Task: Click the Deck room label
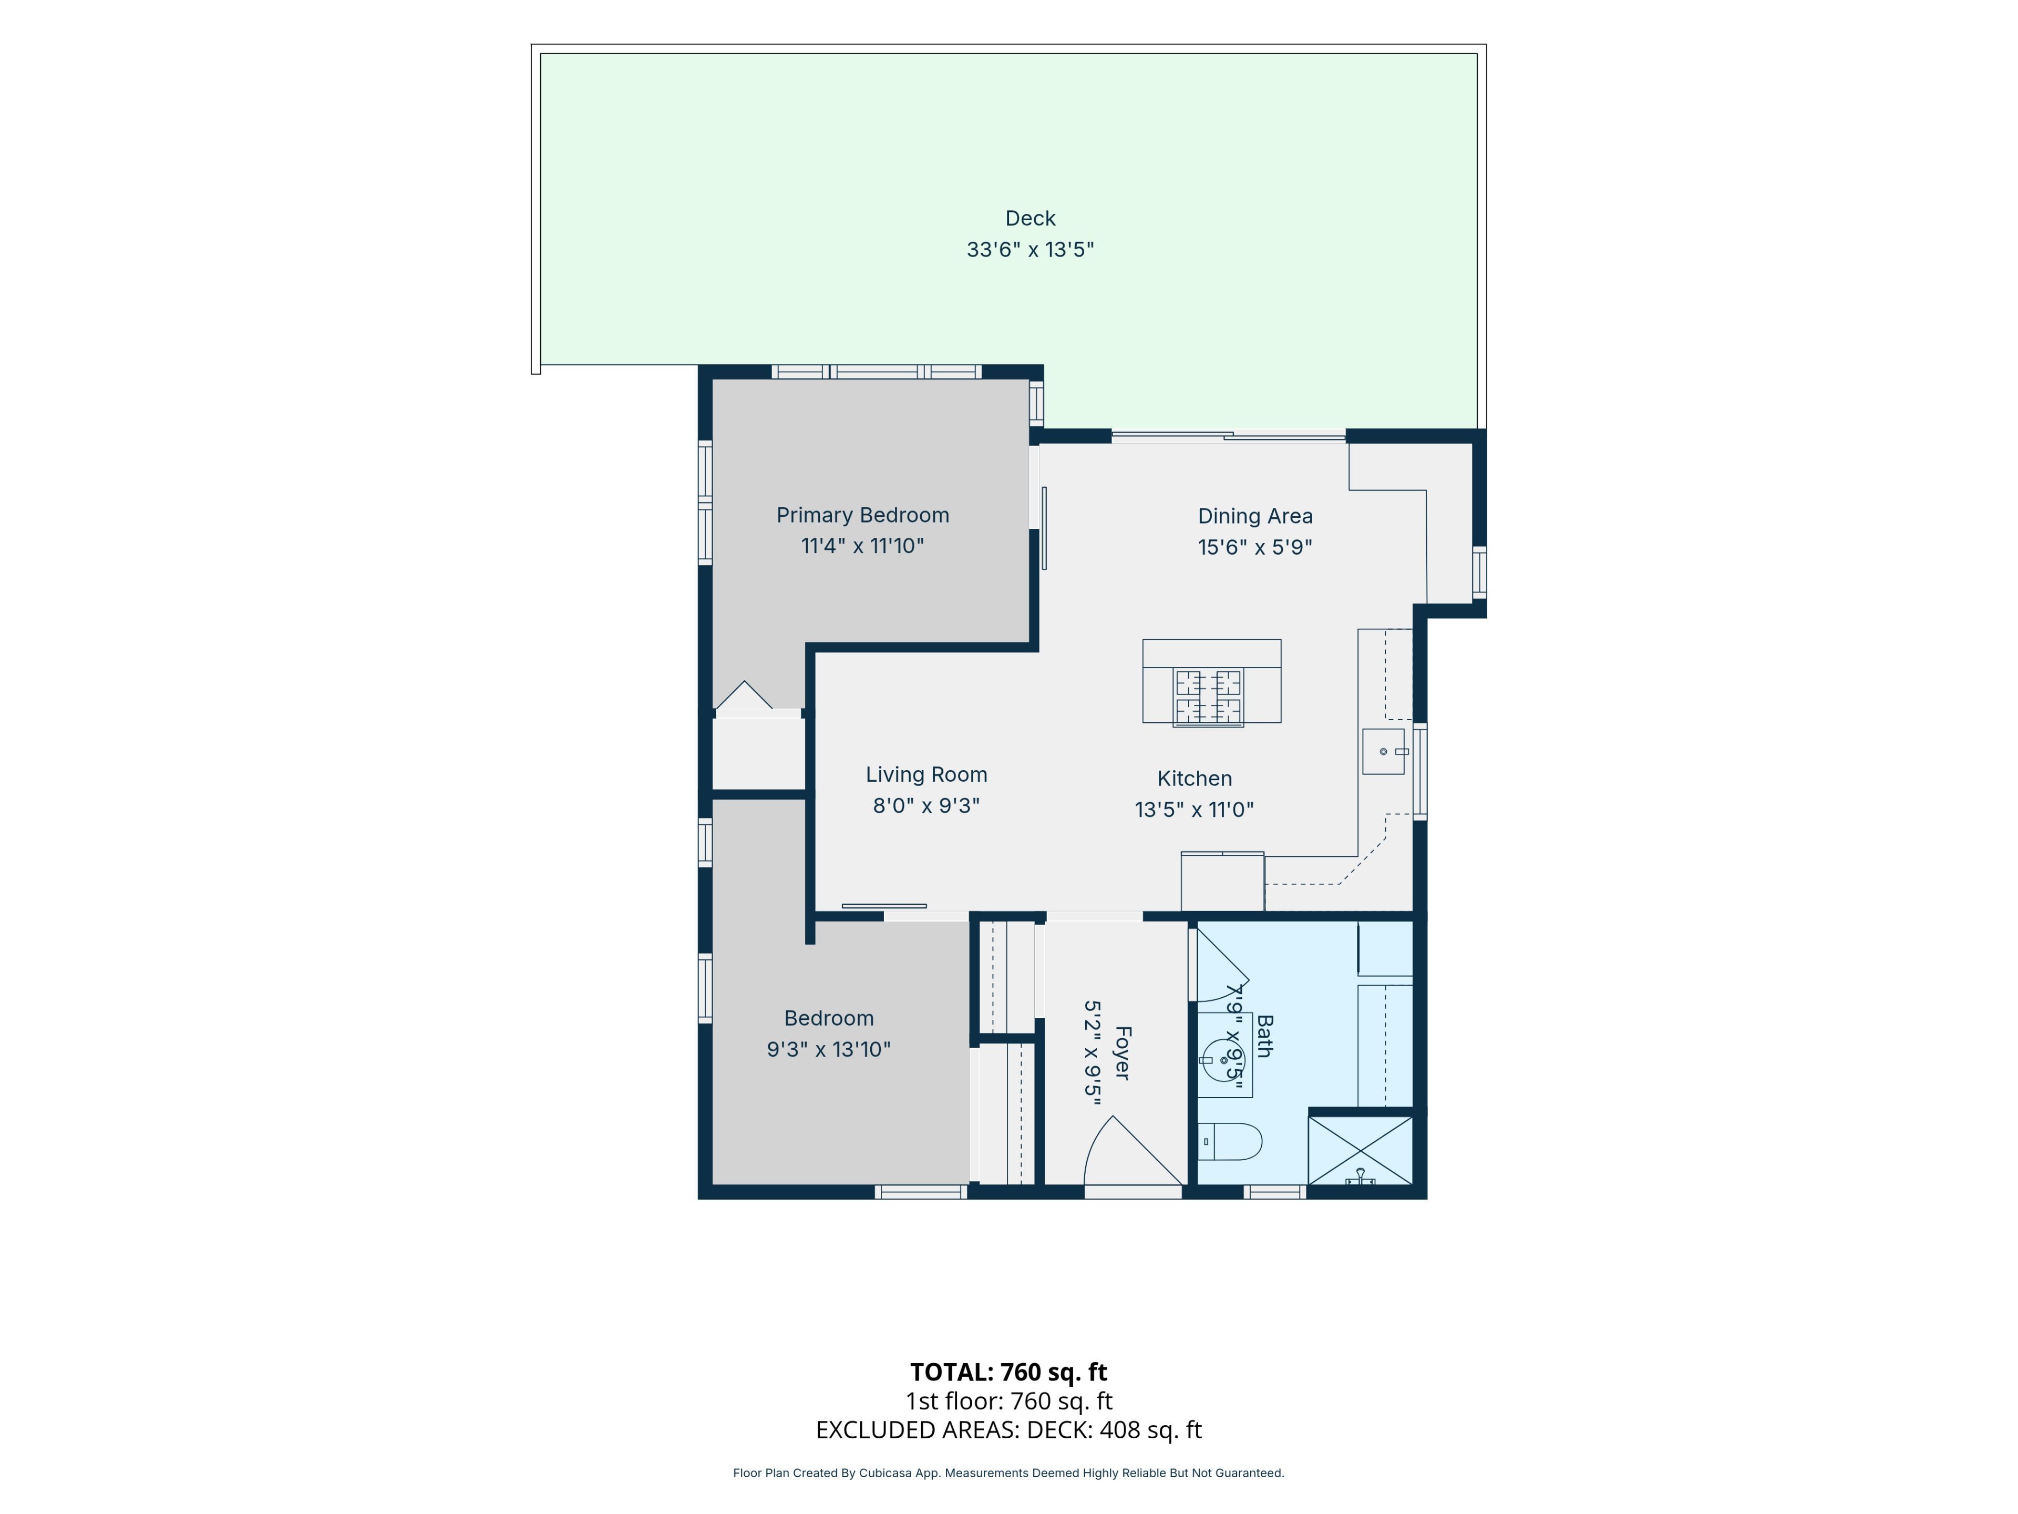click(x=1030, y=218)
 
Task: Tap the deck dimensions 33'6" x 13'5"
click(x=1030, y=249)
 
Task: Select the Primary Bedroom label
click(x=862, y=516)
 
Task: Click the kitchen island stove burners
click(x=1208, y=697)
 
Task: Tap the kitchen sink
click(x=1383, y=751)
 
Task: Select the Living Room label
click(x=926, y=775)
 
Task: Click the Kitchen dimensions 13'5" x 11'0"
click(x=1194, y=810)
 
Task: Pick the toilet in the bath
click(x=1230, y=1142)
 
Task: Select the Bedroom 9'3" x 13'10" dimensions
click(x=828, y=1049)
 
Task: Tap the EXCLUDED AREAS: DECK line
click(x=1008, y=1430)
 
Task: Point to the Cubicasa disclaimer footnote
click(x=1008, y=1473)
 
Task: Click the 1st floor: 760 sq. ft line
click(x=1008, y=1401)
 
